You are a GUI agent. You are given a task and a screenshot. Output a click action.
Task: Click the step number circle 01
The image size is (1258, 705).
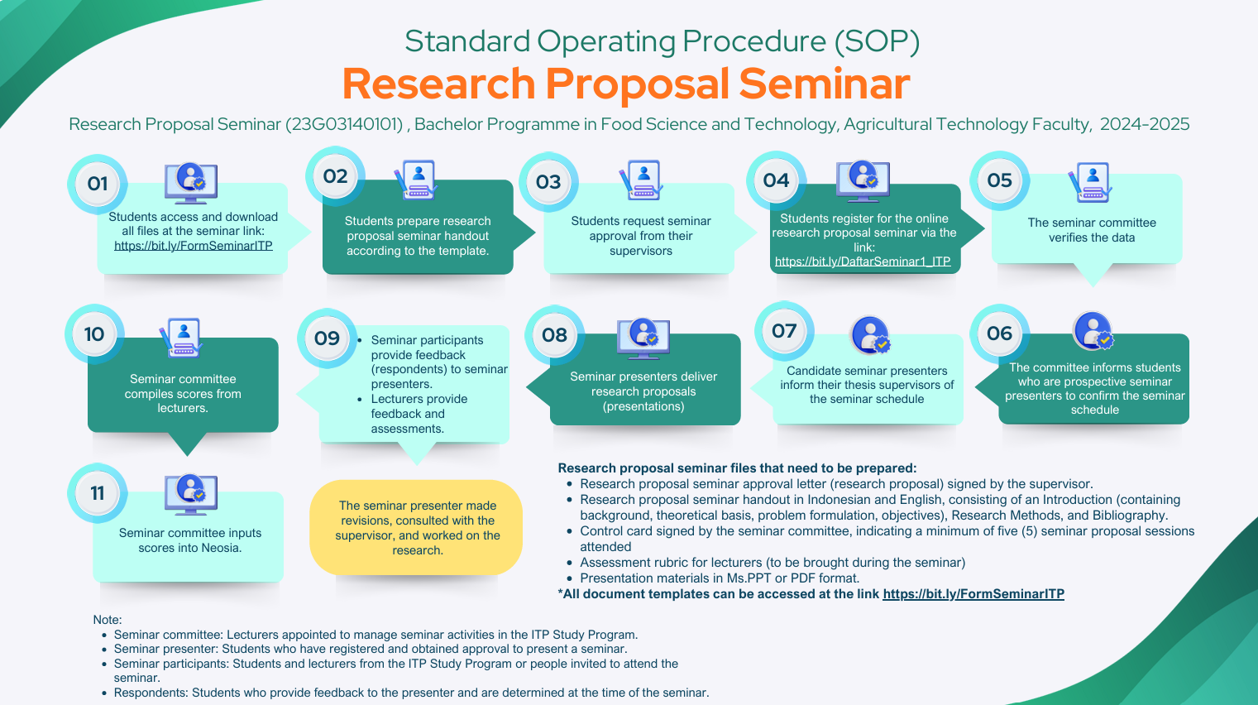(x=98, y=184)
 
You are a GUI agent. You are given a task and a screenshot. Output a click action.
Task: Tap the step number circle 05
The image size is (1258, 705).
(x=999, y=180)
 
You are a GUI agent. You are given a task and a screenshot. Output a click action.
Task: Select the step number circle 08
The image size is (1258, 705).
(x=554, y=335)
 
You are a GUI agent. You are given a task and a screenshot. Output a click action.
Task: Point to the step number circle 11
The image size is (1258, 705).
(x=98, y=493)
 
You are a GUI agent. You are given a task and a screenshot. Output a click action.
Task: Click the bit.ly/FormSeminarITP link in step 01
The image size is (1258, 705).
(x=193, y=246)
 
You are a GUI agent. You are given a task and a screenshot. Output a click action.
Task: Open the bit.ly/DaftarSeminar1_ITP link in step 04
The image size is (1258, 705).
(x=863, y=261)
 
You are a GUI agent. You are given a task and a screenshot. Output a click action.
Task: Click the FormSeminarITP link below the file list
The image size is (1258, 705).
(x=973, y=594)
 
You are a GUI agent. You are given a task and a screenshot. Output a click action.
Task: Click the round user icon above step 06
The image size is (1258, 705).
(x=1093, y=332)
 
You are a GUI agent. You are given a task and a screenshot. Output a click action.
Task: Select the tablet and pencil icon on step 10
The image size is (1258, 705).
(x=181, y=338)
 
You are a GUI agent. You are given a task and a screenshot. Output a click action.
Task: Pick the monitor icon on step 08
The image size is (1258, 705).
(x=643, y=337)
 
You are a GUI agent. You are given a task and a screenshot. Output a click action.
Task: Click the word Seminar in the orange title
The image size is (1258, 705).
(x=824, y=84)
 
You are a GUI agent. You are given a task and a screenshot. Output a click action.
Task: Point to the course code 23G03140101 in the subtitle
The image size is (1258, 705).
(x=344, y=124)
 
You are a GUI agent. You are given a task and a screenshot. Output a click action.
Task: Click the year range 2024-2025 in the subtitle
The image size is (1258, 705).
(x=1145, y=124)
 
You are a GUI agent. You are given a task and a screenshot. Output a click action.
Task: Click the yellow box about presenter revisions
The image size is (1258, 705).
(x=417, y=528)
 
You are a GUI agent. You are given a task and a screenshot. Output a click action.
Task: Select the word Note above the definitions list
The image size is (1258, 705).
(x=107, y=620)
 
